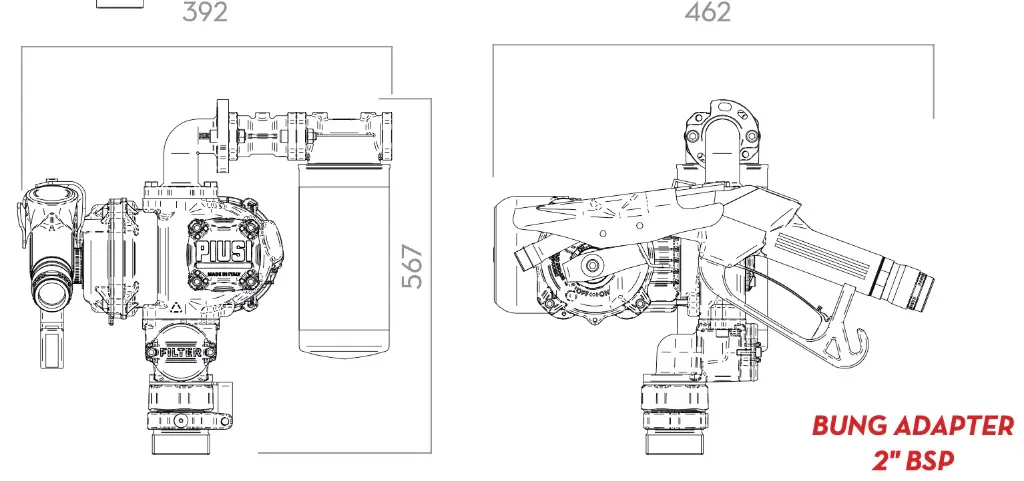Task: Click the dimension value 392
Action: (x=205, y=12)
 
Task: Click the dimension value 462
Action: (x=707, y=12)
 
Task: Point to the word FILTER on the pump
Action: (x=181, y=352)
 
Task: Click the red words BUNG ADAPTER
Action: (x=912, y=426)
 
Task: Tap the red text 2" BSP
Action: (x=912, y=460)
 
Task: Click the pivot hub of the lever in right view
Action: (x=593, y=264)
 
